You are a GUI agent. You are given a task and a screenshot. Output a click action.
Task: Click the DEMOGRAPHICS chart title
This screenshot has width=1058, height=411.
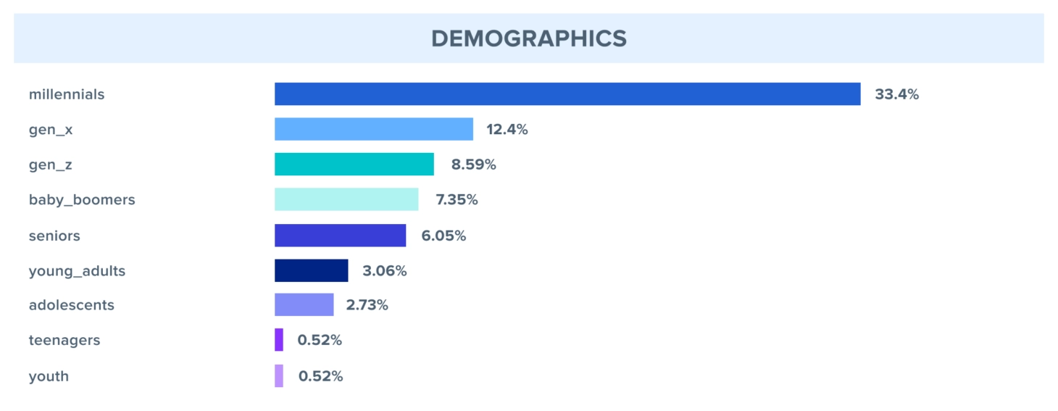(529, 38)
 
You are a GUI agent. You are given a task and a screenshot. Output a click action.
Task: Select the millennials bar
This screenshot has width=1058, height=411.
(567, 94)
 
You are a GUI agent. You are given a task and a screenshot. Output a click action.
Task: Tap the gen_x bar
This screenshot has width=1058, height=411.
(373, 129)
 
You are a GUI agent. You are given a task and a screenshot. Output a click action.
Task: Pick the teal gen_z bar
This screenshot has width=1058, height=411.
(354, 165)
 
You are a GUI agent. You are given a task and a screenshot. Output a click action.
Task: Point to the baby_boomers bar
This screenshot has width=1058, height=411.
(346, 199)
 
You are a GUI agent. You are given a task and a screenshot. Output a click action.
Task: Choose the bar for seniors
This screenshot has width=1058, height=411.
(340, 236)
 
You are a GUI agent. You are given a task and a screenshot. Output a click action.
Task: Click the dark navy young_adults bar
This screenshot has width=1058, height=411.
(311, 270)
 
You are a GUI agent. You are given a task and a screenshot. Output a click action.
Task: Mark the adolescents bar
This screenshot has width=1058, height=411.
(304, 305)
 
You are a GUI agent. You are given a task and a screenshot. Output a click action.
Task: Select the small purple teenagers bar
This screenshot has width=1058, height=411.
(279, 340)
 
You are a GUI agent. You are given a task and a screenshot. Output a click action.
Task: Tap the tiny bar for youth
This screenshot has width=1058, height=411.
(279, 376)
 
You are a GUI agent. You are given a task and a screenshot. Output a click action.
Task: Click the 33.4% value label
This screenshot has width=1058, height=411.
(896, 94)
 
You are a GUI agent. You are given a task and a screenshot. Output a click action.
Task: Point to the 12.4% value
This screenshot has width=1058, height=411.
(507, 130)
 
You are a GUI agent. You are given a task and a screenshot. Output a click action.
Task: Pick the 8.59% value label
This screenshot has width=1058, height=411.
(473, 165)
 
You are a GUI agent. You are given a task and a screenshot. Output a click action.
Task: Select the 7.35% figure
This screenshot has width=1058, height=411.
(456, 199)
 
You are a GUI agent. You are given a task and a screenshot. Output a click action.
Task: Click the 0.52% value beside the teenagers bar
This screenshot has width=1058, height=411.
(319, 340)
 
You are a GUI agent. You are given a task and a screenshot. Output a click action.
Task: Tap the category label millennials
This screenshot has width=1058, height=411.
(67, 94)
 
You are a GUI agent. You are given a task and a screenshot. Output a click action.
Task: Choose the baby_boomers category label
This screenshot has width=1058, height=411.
(82, 199)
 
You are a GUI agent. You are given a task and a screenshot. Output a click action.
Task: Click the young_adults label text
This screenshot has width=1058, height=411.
(77, 271)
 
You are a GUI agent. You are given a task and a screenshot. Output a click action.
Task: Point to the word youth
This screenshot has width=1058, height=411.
(49, 376)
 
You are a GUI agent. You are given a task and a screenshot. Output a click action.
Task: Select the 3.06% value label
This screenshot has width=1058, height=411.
(384, 271)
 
